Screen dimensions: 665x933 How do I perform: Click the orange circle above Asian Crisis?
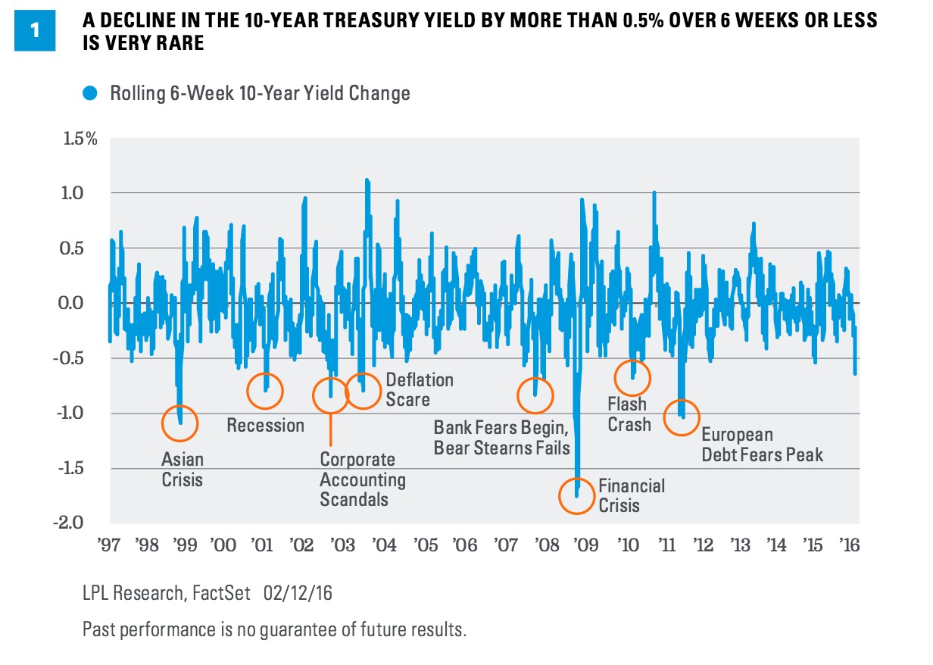tap(179, 423)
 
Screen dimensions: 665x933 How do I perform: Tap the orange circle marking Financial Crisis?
tap(577, 496)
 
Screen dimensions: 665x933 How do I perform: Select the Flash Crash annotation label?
tap(629, 414)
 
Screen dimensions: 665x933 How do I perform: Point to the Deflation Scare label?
tap(419, 389)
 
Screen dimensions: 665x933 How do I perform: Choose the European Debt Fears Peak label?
tap(761, 445)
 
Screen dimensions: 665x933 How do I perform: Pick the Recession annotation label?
tap(265, 425)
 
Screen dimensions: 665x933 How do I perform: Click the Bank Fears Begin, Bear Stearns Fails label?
tap(501, 438)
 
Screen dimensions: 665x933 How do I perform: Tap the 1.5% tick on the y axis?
tap(81, 139)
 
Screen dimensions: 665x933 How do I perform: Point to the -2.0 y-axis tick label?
tap(81, 523)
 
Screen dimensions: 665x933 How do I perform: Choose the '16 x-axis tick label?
tap(852, 545)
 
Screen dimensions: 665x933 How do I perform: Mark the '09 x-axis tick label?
tap(579, 545)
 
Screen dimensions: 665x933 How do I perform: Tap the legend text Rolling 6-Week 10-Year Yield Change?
tap(260, 93)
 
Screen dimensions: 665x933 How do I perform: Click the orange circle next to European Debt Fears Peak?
tap(682, 417)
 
